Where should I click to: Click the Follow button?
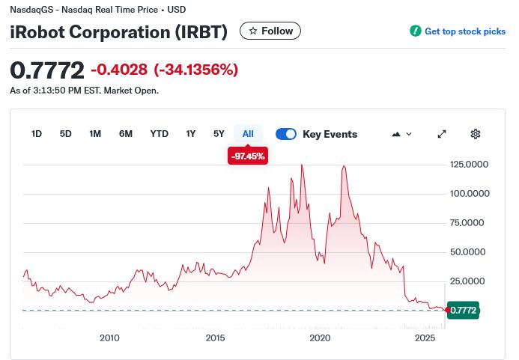click(270, 31)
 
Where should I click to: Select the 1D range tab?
click(37, 134)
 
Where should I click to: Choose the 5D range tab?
click(66, 134)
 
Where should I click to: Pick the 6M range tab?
click(126, 134)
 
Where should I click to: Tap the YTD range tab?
click(159, 134)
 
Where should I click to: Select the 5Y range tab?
click(219, 134)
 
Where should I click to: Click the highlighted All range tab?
click(248, 134)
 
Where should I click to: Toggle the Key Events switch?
click(286, 134)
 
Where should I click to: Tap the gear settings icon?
click(475, 134)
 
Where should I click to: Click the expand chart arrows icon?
click(442, 134)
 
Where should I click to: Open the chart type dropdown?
click(401, 134)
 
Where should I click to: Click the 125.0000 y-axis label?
click(470, 164)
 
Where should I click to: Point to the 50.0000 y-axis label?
click(470, 251)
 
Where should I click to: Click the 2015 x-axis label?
click(216, 338)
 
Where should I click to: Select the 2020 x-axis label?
click(320, 338)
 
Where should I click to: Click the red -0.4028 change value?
click(120, 70)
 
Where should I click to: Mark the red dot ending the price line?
click(448, 309)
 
